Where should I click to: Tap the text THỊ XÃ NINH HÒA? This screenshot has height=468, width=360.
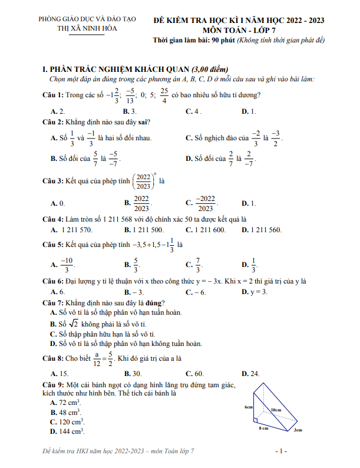pos(87,29)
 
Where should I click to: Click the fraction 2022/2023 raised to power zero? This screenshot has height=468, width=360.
pos(143,181)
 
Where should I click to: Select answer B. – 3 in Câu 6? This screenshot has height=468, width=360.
pos(134,291)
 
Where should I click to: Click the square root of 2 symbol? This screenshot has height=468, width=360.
pos(73,324)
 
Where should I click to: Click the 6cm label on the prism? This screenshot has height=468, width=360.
pos(249,407)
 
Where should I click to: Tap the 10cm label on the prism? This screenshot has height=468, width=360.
pos(275,409)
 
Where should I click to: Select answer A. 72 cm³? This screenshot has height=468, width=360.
pos(65,402)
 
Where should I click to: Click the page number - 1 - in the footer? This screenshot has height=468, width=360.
pos(281,451)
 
